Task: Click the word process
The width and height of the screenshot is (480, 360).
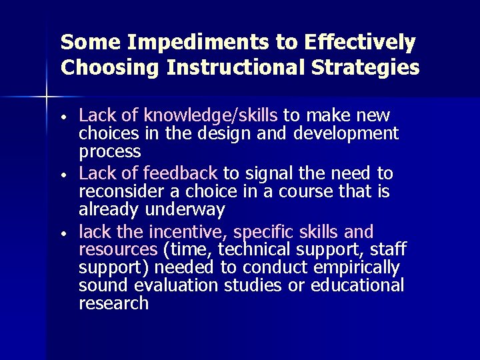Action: pyautogui.click(x=110, y=152)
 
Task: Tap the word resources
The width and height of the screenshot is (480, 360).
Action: pyautogui.click(x=117, y=250)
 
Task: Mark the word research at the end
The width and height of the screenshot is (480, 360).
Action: pyautogui.click(x=113, y=304)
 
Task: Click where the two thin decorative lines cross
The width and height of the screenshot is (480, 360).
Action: pyautogui.click(x=47, y=97)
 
